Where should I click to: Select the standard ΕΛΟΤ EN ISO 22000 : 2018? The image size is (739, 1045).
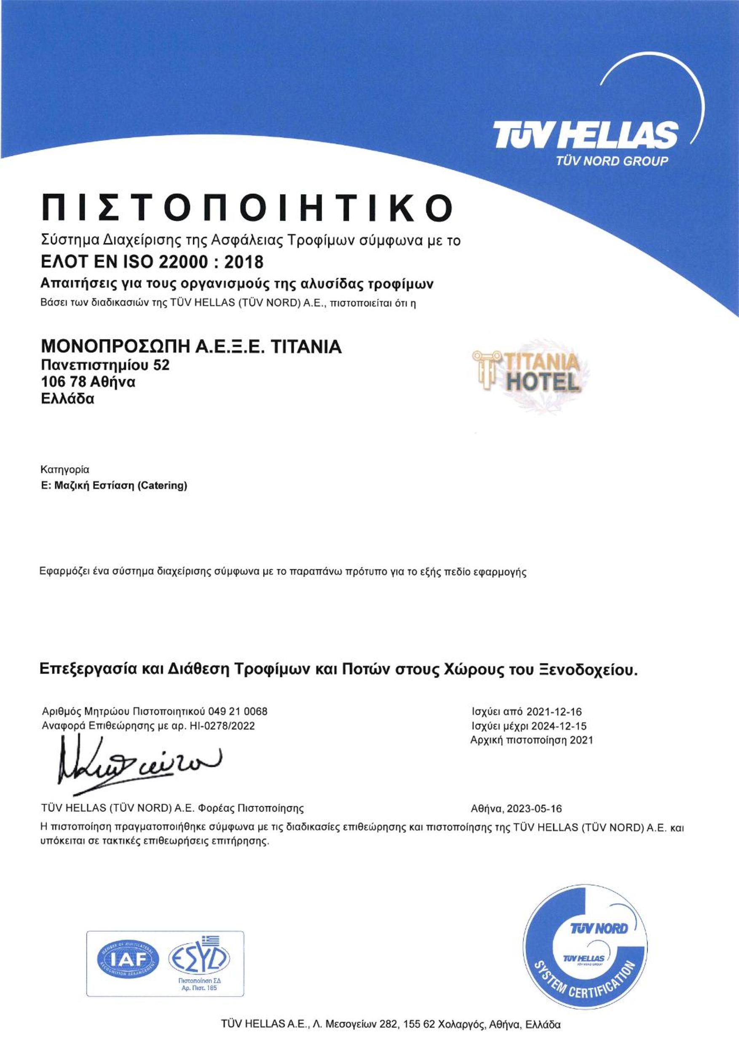click(x=152, y=262)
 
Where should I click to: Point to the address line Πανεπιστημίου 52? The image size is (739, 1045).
click(x=105, y=365)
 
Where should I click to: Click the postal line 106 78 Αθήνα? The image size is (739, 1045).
click(x=88, y=381)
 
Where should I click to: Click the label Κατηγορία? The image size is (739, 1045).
click(x=65, y=469)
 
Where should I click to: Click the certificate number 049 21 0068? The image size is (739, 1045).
click(x=238, y=711)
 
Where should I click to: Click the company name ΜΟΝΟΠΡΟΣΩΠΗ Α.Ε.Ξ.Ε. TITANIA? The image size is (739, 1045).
click(x=191, y=347)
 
